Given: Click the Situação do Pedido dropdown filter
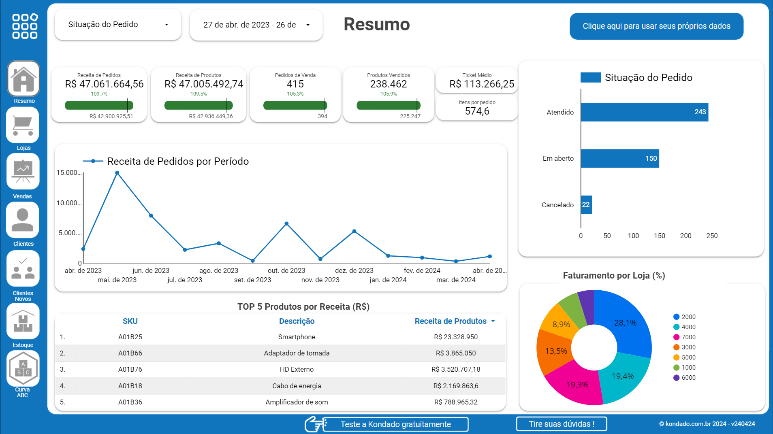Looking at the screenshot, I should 118,25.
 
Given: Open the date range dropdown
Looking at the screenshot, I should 256,25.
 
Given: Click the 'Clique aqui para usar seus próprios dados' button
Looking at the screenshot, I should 656,26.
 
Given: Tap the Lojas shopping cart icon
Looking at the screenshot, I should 23,126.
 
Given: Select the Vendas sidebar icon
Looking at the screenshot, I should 23,172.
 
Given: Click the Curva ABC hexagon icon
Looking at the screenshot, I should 23,368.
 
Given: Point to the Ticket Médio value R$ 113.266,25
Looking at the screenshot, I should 481,84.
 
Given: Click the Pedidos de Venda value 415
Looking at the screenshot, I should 295,84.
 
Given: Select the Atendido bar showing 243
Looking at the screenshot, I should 644,112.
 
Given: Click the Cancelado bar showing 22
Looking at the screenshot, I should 586,205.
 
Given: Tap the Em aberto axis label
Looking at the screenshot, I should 558,159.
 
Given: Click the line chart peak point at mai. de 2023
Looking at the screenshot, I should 117,173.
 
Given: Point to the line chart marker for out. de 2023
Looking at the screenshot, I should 286,223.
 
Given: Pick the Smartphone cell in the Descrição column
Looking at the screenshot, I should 297,337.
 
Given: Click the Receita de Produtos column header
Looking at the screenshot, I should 451,321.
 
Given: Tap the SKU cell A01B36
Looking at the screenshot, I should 130,402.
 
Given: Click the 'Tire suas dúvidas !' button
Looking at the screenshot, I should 561,424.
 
